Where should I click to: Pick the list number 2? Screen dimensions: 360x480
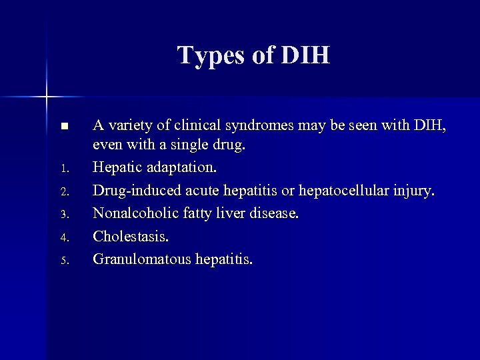(63, 193)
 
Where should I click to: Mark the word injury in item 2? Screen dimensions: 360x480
(414, 191)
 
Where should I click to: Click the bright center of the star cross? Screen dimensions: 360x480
(47, 97)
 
